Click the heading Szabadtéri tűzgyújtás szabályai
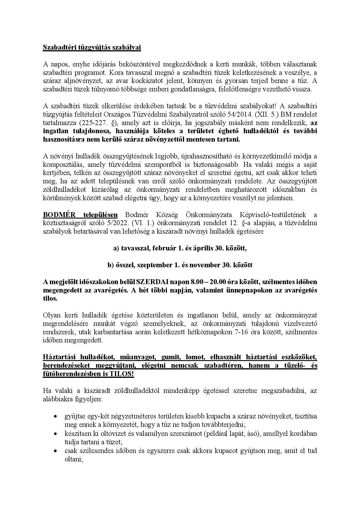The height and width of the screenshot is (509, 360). (92, 47)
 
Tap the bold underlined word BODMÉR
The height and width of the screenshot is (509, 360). (59, 215)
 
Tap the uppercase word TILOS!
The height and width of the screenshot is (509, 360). (122, 374)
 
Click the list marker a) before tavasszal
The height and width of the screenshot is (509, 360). (116, 248)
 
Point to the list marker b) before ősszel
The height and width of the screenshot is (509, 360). (110, 265)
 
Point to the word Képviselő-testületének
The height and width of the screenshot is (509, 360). (273, 215)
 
